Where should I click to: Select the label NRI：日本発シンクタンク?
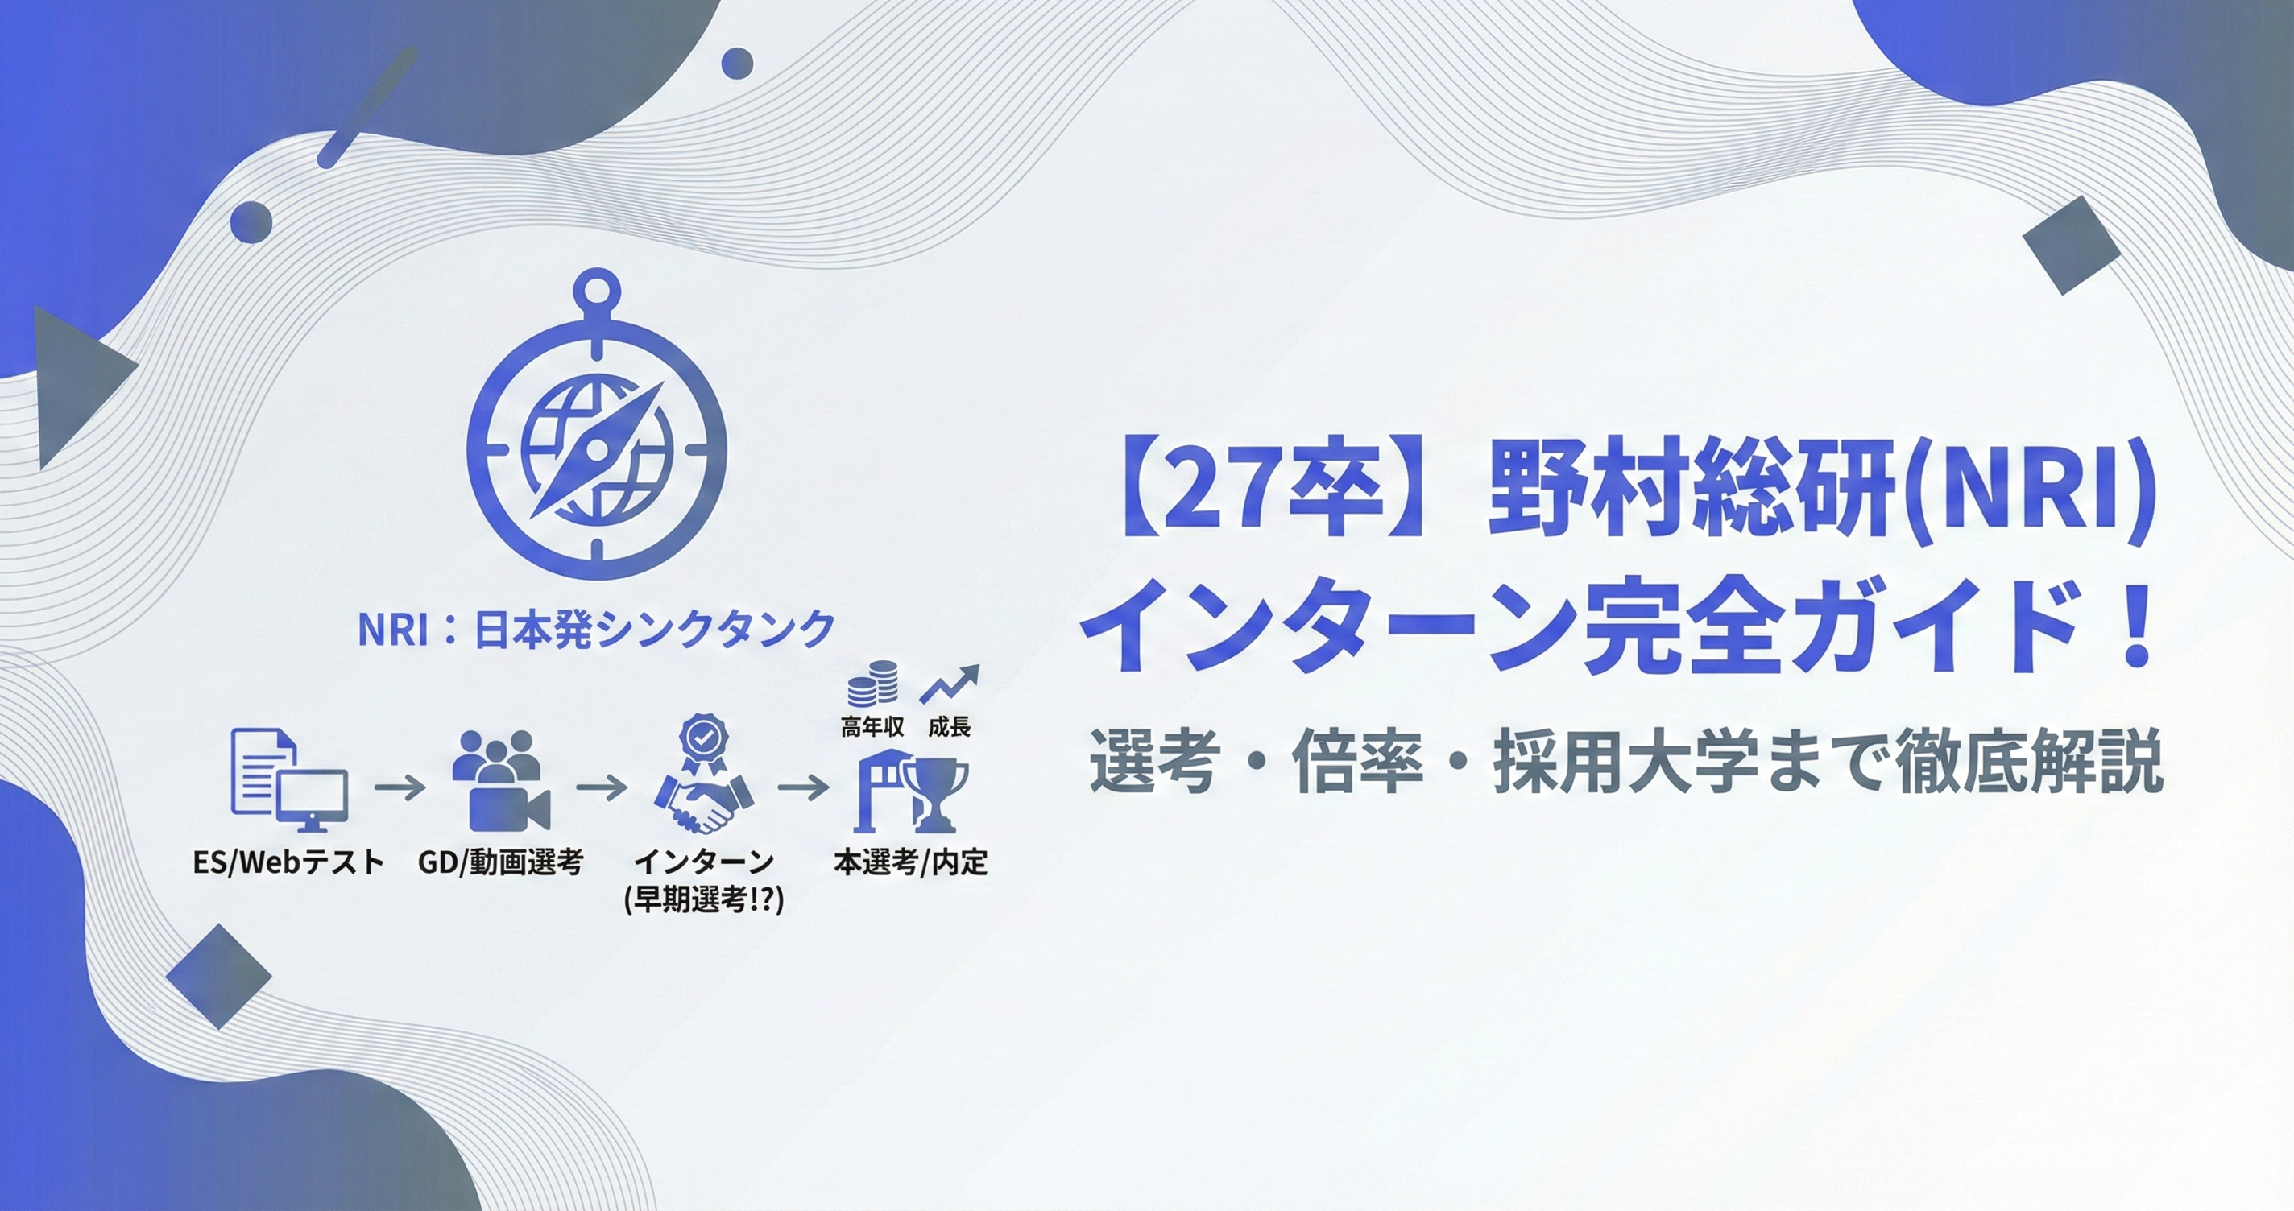click(x=596, y=629)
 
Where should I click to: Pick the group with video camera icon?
click(x=500, y=780)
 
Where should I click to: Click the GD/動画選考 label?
click(x=500, y=862)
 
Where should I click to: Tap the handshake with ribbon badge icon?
click(x=703, y=775)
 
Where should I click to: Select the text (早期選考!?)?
click(x=703, y=900)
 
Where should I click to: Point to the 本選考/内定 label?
click(x=910, y=862)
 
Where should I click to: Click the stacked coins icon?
click(x=872, y=683)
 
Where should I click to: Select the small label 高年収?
click(x=872, y=728)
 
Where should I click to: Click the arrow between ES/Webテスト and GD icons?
click(x=400, y=788)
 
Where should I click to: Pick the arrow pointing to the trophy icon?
click(x=804, y=788)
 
